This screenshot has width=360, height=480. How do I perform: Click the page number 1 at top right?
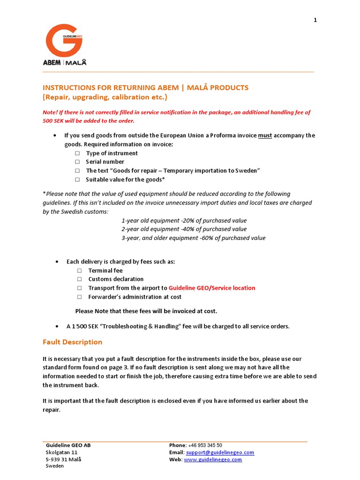(x=315, y=20)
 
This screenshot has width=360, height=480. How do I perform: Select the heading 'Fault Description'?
(x=72, y=342)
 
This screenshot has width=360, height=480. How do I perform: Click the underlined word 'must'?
(x=265, y=135)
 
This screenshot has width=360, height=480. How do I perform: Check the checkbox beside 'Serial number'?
(x=77, y=162)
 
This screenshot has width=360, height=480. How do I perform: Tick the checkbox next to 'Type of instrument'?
(x=77, y=153)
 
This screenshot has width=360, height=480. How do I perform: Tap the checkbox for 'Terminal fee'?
(x=79, y=271)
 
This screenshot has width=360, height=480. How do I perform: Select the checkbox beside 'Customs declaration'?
(x=79, y=279)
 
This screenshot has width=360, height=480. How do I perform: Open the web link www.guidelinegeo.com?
(x=213, y=460)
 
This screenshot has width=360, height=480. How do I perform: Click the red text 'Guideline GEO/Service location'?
(x=212, y=288)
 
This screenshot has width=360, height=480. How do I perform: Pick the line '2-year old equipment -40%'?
(x=184, y=229)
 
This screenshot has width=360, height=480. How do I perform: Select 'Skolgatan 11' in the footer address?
(x=62, y=452)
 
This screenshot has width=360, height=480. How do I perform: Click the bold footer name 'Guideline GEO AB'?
(x=68, y=445)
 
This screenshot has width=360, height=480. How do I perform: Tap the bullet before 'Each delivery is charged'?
(x=56, y=262)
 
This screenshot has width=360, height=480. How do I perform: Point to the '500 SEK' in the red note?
(x=52, y=121)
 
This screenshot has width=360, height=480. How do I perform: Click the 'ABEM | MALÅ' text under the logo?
(x=65, y=62)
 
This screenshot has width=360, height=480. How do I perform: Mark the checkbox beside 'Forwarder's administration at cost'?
(x=79, y=297)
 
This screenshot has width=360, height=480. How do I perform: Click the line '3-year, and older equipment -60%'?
(x=193, y=238)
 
